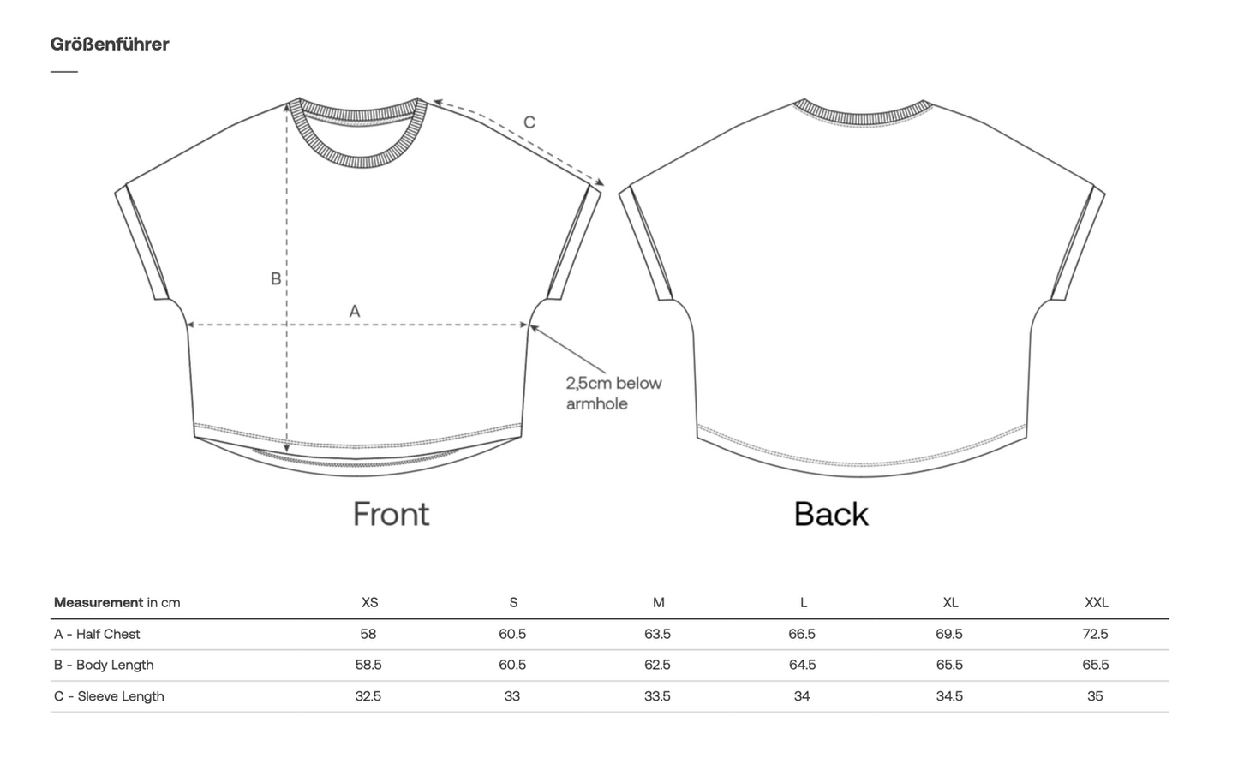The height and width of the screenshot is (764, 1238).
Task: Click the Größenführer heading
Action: [110, 45]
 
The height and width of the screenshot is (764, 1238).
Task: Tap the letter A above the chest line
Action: [355, 311]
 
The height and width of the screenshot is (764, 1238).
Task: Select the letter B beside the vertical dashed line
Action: [276, 278]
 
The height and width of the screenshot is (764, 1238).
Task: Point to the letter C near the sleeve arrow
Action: [529, 122]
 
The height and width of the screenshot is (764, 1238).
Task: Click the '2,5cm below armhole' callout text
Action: [613, 393]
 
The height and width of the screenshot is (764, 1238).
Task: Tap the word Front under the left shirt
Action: [391, 514]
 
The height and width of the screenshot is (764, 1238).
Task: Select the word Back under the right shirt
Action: [831, 514]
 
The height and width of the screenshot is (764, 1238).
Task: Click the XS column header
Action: [370, 602]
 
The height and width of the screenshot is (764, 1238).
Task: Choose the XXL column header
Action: [1096, 602]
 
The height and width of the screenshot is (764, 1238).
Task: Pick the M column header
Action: [658, 602]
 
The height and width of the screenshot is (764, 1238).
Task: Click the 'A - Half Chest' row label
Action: [97, 634]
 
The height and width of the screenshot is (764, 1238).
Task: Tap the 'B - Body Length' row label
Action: [104, 665]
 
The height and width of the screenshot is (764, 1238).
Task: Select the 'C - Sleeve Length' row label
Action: [109, 696]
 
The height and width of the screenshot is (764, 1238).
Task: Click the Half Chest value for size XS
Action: [368, 634]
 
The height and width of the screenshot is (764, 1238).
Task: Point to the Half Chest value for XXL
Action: [1096, 634]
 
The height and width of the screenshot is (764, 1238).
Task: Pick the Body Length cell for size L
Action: [802, 665]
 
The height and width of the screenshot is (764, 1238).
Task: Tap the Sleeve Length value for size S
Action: [512, 696]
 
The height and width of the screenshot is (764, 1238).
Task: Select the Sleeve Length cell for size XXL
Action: [1095, 696]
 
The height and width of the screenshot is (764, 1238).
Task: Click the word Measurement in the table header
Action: [99, 602]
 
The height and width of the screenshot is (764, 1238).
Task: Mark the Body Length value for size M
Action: [657, 665]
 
